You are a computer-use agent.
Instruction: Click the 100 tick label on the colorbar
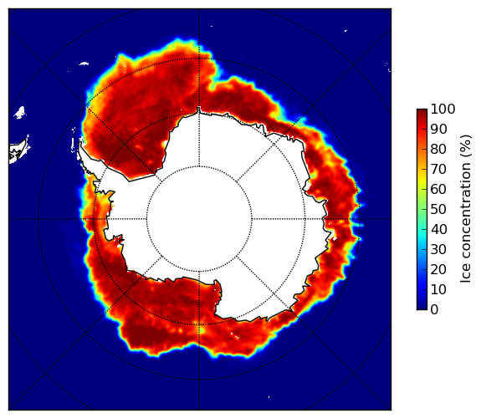click(x=443, y=109)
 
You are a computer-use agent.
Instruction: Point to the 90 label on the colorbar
click(x=438, y=129)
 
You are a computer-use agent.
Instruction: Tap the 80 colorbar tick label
click(x=438, y=149)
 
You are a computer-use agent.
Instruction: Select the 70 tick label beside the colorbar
click(x=438, y=169)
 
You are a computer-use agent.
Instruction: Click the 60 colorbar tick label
click(x=438, y=189)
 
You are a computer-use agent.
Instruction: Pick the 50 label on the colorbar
click(x=438, y=210)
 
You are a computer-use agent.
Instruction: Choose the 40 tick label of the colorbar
click(x=438, y=229)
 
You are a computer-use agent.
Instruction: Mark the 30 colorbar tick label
click(x=438, y=250)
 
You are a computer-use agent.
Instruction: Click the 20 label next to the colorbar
click(x=438, y=269)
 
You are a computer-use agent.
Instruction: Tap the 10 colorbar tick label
click(x=438, y=289)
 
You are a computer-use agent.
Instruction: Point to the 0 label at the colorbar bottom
click(x=434, y=310)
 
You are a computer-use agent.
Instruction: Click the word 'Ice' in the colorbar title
click(x=466, y=275)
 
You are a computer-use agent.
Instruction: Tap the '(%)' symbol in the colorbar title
click(x=466, y=146)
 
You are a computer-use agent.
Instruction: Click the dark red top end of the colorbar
click(x=422, y=111)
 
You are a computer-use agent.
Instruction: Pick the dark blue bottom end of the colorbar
click(x=422, y=308)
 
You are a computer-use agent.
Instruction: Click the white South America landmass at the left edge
click(x=18, y=151)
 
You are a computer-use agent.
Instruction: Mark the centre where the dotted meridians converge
click(x=199, y=219)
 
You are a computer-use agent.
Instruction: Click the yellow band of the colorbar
click(x=422, y=180)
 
